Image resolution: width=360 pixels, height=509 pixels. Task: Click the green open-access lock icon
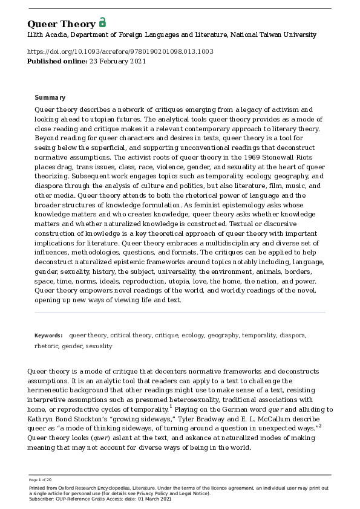pos(102,23)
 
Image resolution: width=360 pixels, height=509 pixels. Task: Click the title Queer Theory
pos(61,24)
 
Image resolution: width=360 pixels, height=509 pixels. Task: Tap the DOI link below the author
pos(120,51)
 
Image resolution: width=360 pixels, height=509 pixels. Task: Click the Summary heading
pos(50,97)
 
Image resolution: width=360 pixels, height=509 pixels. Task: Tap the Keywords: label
pos(48,335)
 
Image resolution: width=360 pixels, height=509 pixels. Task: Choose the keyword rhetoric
pos(46,346)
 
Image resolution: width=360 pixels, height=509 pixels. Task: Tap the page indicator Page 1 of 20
pos(41,480)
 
